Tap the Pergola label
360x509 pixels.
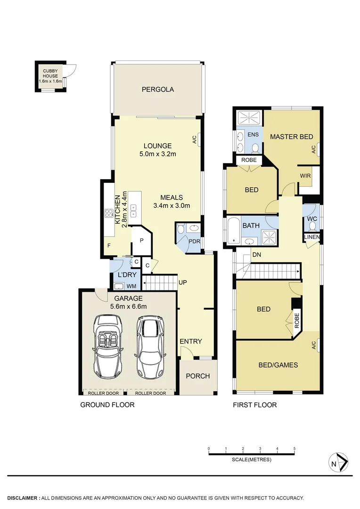(x=158, y=89)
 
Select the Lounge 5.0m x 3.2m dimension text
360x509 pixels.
(x=157, y=154)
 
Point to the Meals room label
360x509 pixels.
(x=171, y=197)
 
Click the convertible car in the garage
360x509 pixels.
(x=108, y=345)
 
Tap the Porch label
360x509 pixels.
(x=198, y=376)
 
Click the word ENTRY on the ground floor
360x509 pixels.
(x=190, y=341)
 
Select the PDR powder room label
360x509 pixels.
(x=194, y=242)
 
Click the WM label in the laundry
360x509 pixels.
(x=131, y=286)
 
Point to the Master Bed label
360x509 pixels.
(x=291, y=137)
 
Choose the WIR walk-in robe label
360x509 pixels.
(x=305, y=176)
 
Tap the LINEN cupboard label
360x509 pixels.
(x=311, y=236)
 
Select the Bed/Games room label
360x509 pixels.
(x=278, y=364)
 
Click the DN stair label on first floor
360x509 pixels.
(x=257, y=254)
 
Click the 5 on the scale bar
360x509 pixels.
(x=295, y=448)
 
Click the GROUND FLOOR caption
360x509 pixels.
(x=107, y=405)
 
